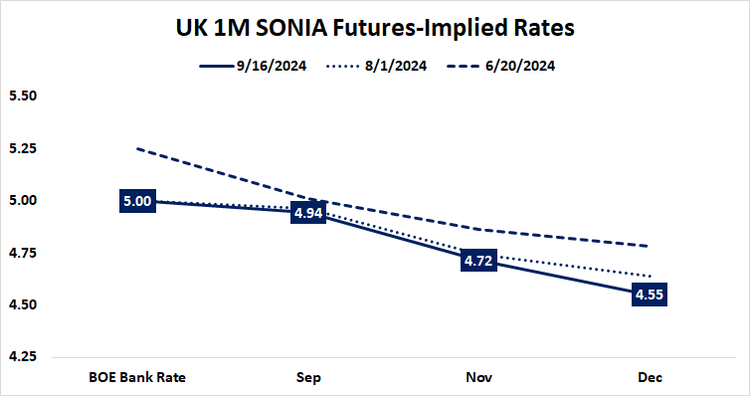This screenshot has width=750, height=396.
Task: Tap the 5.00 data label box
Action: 136,201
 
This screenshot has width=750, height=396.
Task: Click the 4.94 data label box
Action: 308,213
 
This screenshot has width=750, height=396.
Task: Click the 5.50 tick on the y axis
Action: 22,97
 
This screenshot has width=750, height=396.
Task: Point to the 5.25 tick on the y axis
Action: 22,148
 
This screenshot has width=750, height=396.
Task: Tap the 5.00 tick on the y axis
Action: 22,201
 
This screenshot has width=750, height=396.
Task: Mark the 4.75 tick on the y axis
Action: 22,253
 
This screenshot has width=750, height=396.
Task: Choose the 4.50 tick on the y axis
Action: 22,304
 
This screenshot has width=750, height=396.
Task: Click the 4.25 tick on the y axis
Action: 22,356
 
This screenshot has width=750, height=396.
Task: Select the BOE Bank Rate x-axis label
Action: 136,377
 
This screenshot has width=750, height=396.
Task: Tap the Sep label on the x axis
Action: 308,377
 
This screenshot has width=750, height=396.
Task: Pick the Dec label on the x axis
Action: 650,377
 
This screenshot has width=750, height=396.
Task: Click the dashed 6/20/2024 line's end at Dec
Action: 650,246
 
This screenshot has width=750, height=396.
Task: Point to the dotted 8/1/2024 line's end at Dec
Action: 650,276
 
